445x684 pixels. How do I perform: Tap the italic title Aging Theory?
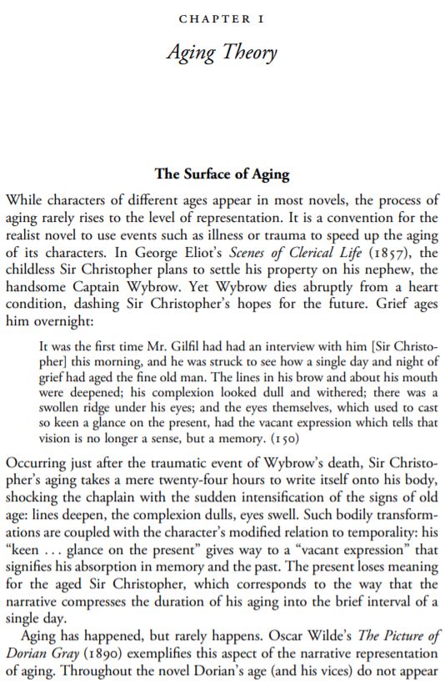coord(222,53)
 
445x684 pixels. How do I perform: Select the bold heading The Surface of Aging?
coord(222,175)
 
